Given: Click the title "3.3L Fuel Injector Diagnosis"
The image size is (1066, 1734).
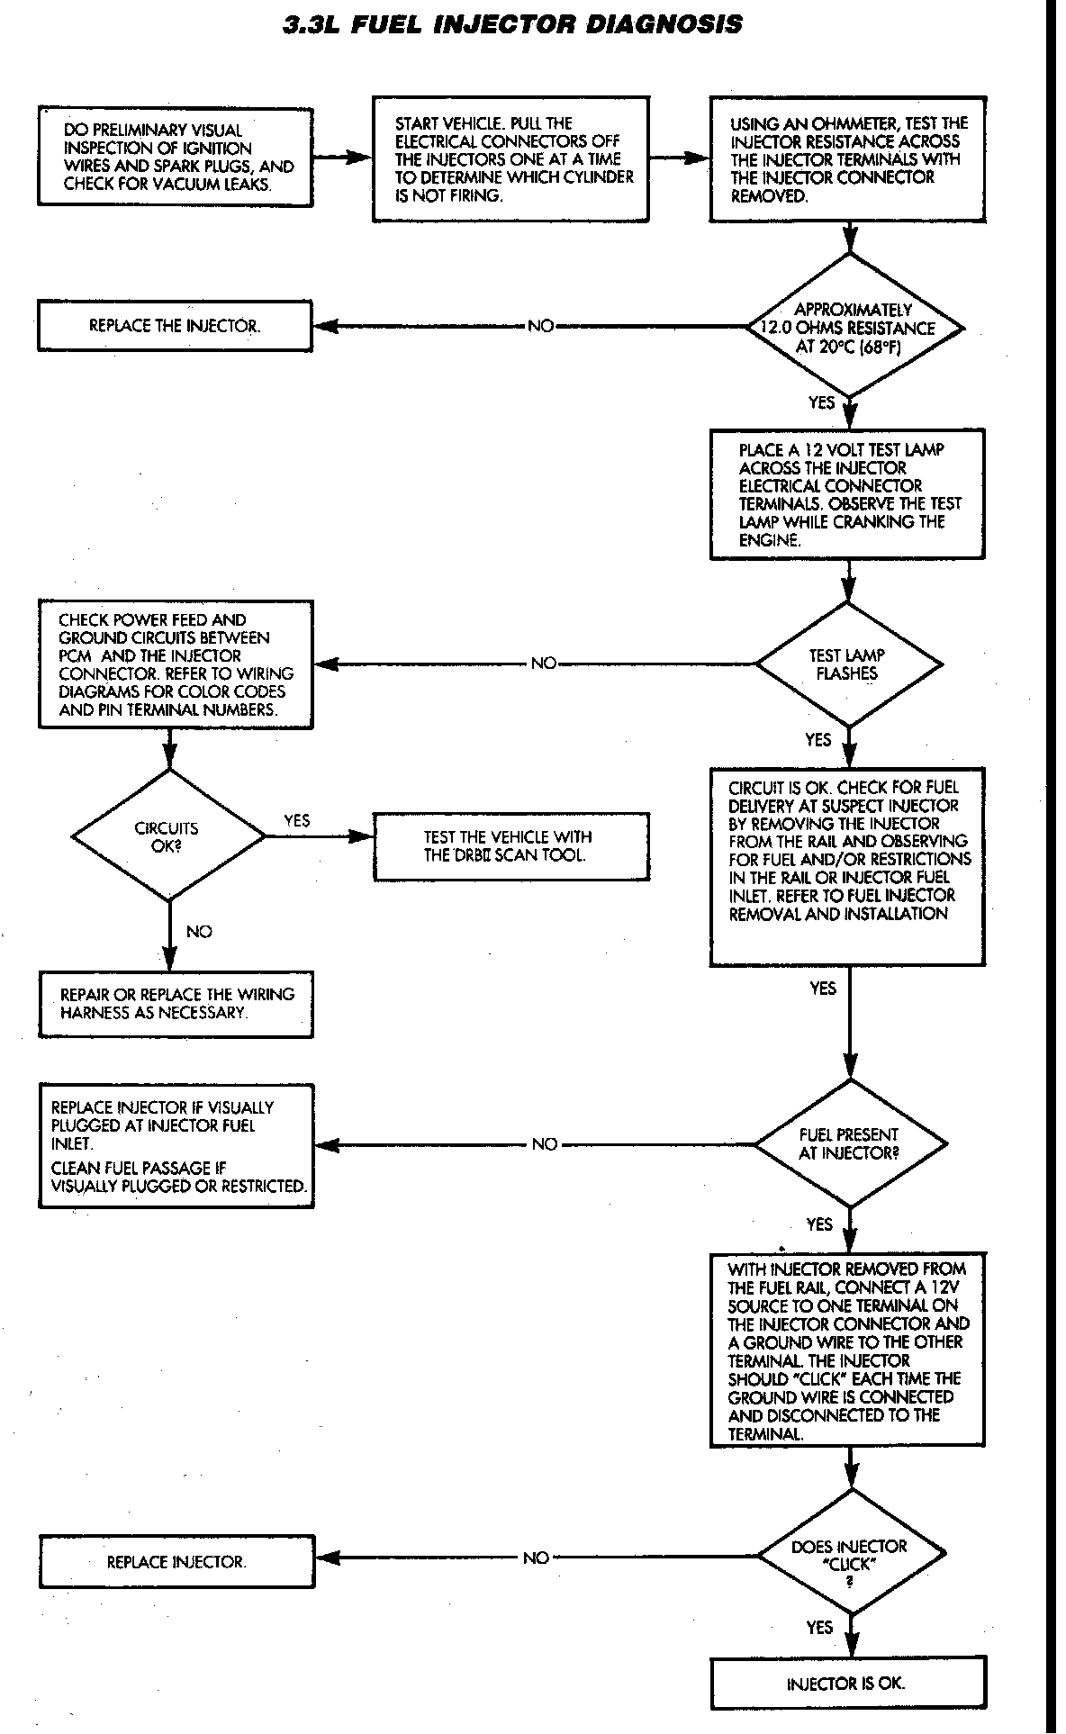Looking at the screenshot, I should [513, 24].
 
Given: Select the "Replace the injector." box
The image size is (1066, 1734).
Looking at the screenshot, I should [175, 326].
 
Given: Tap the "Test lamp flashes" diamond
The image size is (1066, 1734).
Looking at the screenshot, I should [847, 664].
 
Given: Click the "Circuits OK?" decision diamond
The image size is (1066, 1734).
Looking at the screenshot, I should [168, 836].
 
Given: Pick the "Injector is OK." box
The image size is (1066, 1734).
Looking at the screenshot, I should [846, 1683].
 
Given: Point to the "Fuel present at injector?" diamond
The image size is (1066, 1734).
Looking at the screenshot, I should [850, 1143].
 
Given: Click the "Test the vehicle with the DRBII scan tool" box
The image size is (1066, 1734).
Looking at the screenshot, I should [510, 846].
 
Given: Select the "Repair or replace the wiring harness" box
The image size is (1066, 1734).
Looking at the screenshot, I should [176, 1004].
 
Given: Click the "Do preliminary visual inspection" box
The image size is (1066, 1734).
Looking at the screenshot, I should [176, 157].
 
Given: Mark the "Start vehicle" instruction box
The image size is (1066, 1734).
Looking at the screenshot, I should [510, 159].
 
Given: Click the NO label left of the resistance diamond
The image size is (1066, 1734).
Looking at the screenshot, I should [541, 326].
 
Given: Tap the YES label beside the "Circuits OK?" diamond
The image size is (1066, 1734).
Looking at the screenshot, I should [297, 820].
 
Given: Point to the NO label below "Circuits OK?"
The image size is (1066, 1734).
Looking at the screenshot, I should [199, 932].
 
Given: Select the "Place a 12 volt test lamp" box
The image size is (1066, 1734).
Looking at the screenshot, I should [847, 494].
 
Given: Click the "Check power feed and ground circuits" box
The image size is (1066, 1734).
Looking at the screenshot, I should [176, 664].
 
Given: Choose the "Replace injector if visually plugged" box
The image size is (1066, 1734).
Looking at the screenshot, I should [176, 1146].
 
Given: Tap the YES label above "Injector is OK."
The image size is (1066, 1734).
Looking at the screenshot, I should [820, 1627].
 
